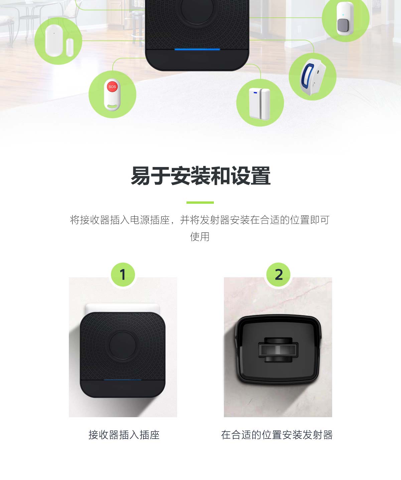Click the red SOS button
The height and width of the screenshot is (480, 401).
[x=112, y=87]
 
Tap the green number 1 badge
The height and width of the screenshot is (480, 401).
[x=123, y=275]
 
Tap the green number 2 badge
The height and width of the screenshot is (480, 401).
[x=279, y=275]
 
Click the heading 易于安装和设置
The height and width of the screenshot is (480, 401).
[x=200, y=176]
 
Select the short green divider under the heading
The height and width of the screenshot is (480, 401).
[x=200, y=202]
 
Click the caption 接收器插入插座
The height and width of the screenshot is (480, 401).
[x=124, y=435]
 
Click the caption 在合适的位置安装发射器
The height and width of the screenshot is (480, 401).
[x=277, y=435]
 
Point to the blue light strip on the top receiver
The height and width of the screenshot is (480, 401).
[x=197, y=49]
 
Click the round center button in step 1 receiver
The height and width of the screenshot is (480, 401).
[x=123, y=345]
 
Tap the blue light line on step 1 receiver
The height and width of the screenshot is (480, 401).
[x=122, y=380]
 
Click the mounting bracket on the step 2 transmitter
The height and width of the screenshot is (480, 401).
[x=278, y=350]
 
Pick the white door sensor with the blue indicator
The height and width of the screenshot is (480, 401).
[x=259, y=103]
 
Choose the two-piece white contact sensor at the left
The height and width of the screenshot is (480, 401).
[x=58, y=41]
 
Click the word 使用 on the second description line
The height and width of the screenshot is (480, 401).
[x=200, y=237]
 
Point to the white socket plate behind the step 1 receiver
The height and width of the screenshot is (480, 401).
[x=122, y=307]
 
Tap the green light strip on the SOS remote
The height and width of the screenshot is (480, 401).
[x=112, y=107]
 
